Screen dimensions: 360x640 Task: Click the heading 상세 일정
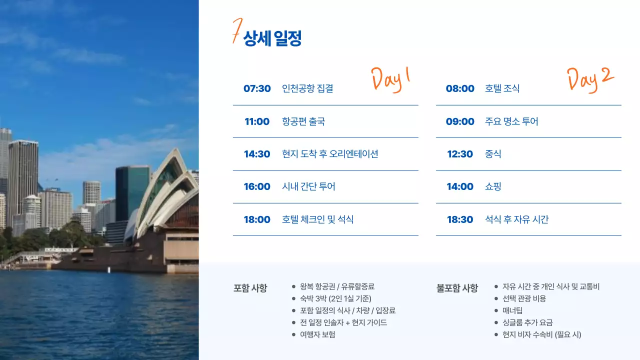click(x=272, y=38)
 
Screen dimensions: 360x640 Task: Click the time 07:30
click(x=257, y=88)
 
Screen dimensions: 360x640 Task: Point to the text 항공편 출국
click(x=303, y=121)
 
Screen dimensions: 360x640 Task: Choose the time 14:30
click(x=257, y=154)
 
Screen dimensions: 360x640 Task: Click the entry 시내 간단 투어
click(x=308, y=186)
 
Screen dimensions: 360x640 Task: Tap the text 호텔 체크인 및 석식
click(x=317, y=219)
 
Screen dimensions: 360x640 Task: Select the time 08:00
click(x=460, y=88)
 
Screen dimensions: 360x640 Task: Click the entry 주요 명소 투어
click(x=511, y=121)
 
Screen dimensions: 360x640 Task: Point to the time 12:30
click(x=460, y=154)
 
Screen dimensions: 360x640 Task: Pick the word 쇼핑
click(x=493, y=186)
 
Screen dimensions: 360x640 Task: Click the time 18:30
click(x=460, y=219)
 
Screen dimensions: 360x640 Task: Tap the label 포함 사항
click(x=250, y=288)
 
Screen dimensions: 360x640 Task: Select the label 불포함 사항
click(x=457, y=288)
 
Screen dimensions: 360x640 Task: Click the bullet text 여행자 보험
click(x=317, y=334)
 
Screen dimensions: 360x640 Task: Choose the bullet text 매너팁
click(x=512, y=310)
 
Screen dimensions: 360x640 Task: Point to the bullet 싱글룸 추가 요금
click(x=527, y=322)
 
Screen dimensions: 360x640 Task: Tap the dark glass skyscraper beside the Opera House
click(x=131, y=192)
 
